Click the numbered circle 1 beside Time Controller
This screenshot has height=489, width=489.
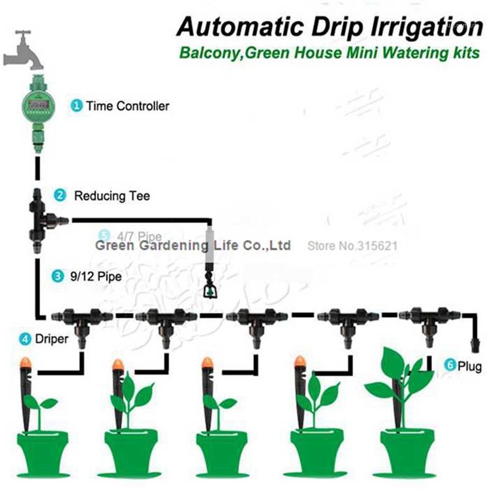coord(77,106)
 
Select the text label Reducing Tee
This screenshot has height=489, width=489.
coord(111,196)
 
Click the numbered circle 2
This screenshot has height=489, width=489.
coord(60,196)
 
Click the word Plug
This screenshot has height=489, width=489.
coord(469,367)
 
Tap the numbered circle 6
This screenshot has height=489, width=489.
coord(450,366)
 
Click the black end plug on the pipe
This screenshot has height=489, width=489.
coord(475,340)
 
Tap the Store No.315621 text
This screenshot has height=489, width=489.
coord(353,246)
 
